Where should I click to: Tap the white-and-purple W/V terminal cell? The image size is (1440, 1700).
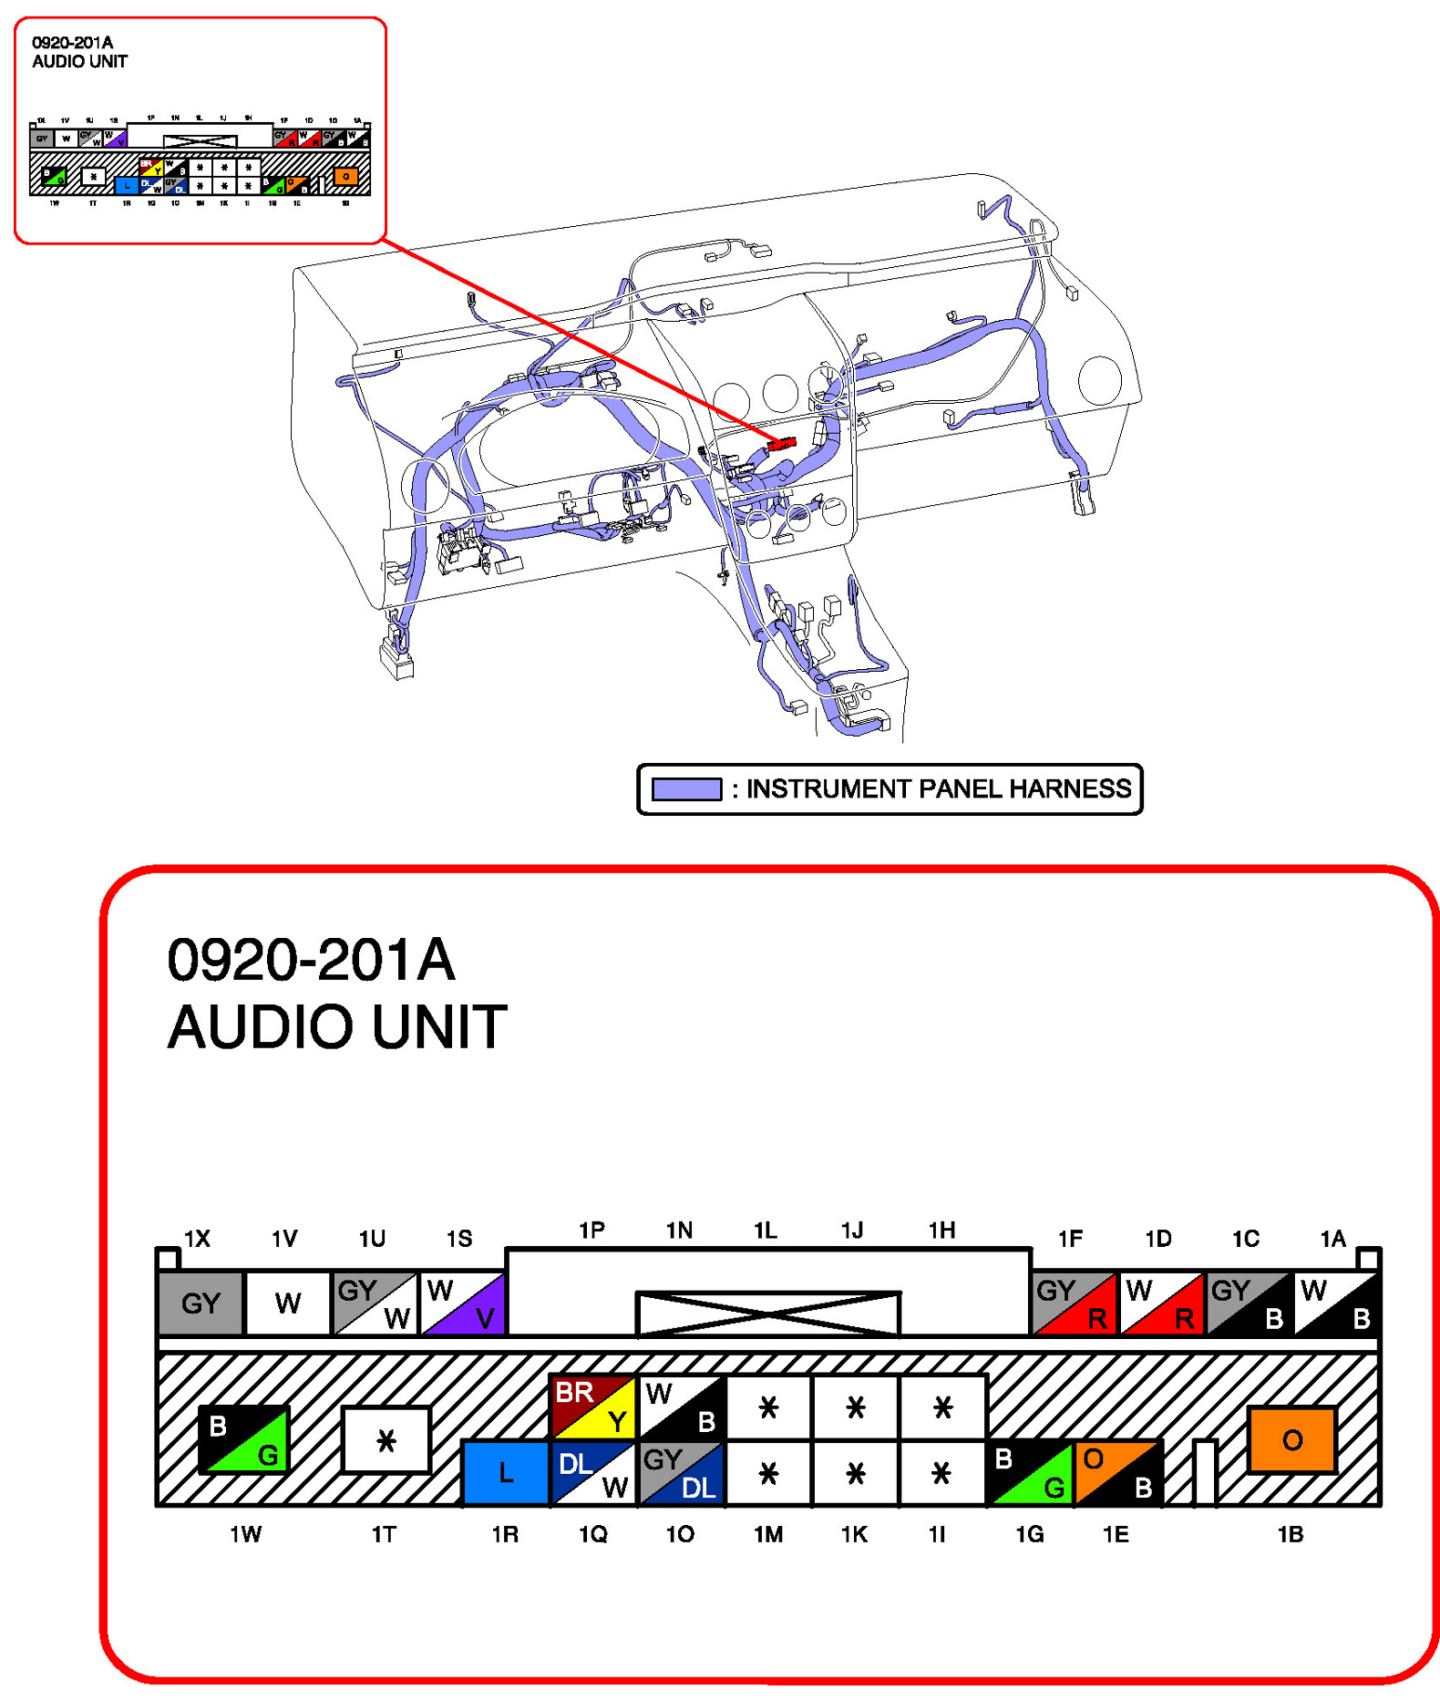point(463,1303)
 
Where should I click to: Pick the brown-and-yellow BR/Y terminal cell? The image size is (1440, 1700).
point(591,1406)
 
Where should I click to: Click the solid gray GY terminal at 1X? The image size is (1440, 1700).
point(201,1303)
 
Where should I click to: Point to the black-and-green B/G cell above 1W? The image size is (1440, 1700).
point(243,1438)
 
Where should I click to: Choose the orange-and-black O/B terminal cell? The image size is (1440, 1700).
point(1117,1471)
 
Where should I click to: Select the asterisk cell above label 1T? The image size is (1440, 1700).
point(386,1439)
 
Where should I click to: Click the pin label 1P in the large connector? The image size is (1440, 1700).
point(591,1230)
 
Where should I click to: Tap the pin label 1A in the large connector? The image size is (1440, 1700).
point(1332,1238)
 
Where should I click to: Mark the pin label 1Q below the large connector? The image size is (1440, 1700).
point(592,1534)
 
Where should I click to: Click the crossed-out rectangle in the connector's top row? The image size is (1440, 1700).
point(767,1313)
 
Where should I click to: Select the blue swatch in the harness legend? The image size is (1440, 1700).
point(686,788)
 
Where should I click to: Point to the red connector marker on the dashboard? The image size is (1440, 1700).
point(781,444)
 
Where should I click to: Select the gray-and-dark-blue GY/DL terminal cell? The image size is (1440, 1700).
point(680,1471)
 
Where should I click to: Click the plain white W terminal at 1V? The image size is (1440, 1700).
point(287,1303)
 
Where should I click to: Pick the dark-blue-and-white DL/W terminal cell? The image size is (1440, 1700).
point(592,1471)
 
